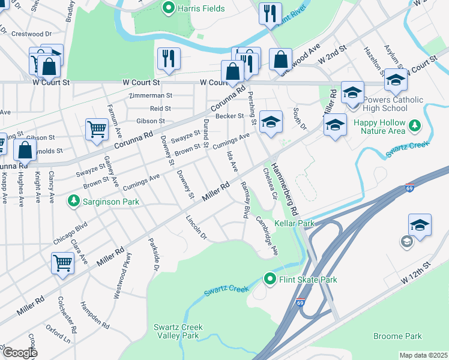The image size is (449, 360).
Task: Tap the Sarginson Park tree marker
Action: tap(73, 200)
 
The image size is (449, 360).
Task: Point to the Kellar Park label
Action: tap(294, 223)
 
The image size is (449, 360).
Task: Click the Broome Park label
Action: tap(397, 336)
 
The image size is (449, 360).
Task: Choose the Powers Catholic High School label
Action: tap(393, 104)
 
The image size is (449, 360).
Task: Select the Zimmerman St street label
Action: tap(151, 95)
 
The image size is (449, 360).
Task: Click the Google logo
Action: tap(20, 353)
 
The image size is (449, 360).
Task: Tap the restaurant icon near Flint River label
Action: tap(270, 13)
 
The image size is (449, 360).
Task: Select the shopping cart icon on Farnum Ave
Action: tap(97, 128)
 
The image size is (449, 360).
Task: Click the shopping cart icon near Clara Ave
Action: tap(62, 263)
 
